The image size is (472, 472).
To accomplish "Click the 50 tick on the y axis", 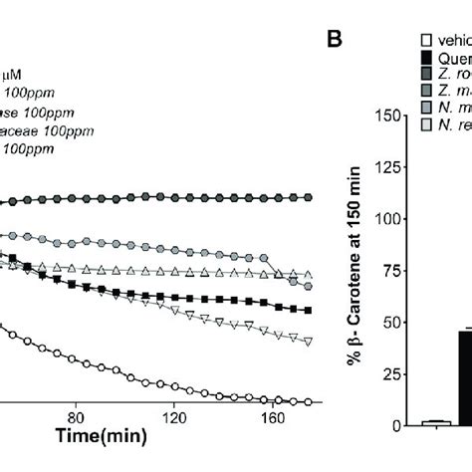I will (x=402, y=323).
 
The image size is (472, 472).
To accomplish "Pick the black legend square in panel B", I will (x=426, y=56).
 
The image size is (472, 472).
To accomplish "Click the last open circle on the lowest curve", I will (x=309, y=401).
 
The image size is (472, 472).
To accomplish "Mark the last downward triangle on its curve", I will (x=309, y=342).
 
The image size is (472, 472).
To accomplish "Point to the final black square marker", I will (x=309, y=310).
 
